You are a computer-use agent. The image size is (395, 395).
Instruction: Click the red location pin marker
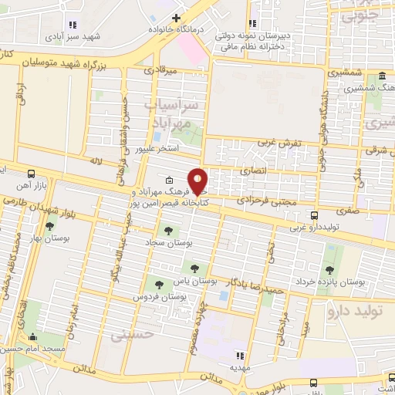(x=198, y=181)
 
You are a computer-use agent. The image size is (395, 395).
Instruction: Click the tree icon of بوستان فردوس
(x=160, y=285)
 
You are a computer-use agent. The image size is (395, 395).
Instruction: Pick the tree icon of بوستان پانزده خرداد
(x=330, y=270)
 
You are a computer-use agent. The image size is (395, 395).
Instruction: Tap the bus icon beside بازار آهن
(x=30, y=174)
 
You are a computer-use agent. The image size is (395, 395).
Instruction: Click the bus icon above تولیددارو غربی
(x=313, y=216)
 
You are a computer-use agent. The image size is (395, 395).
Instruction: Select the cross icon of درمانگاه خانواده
(x=176, y=17)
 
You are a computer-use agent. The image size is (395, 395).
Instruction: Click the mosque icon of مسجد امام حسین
(x=32, y=337)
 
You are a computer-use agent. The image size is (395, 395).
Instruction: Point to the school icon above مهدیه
(x=240, y=356)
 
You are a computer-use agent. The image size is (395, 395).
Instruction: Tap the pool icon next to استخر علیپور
(x=157, y=137)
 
